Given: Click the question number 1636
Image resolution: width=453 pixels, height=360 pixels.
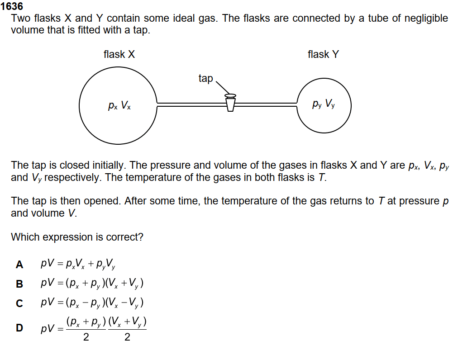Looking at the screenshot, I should pyautogui.click(x=12, y=6).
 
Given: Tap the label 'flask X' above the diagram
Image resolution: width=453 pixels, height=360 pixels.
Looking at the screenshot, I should pyautogui.click(x=119, y=55).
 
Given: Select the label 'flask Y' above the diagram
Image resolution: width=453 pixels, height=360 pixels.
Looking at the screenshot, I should pyautogui.click(x=323, y=55).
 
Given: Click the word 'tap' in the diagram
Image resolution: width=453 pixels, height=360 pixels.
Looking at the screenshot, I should pyautogui.click(x=205, y=78).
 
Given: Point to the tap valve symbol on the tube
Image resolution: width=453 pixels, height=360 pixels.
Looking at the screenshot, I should pyautogui.click(x=230, y=102).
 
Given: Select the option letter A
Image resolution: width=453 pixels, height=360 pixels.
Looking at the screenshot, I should pyautogui.click(x=19, y=265).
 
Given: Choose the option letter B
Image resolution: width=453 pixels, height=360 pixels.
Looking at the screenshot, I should pyautogui.click(x=19, y=284).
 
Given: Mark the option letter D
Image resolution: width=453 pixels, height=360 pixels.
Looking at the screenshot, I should pyautogui.click(x=19, y=328).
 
